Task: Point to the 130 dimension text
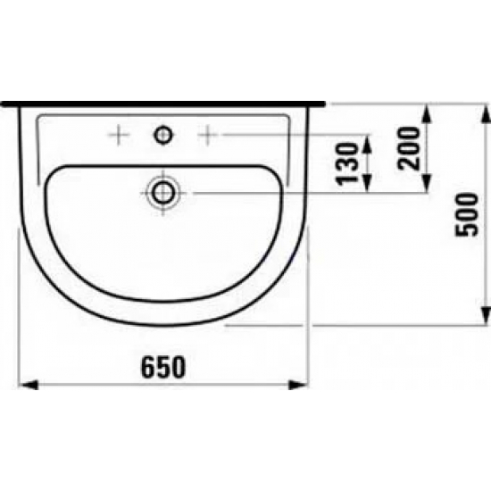tap(345, 162)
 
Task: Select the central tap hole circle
tap(163, 135)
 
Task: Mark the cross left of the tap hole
tap(117, 135)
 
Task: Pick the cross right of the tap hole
tap(209, 135)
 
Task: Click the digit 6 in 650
tap(147, 366)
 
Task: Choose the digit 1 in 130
tap(345, 178)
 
